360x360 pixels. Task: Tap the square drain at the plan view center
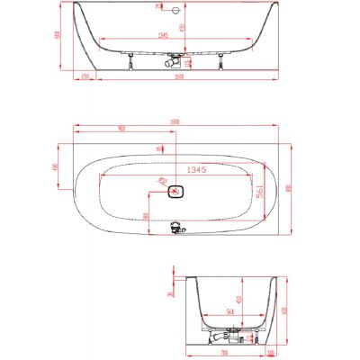point(175,191)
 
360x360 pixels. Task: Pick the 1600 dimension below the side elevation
point(180,78)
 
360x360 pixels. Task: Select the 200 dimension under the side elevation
point(85,78)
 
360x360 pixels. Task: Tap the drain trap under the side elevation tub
point(171,62)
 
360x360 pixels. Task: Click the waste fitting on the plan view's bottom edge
point(175,230)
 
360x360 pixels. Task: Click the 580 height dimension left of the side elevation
point(57,36)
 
